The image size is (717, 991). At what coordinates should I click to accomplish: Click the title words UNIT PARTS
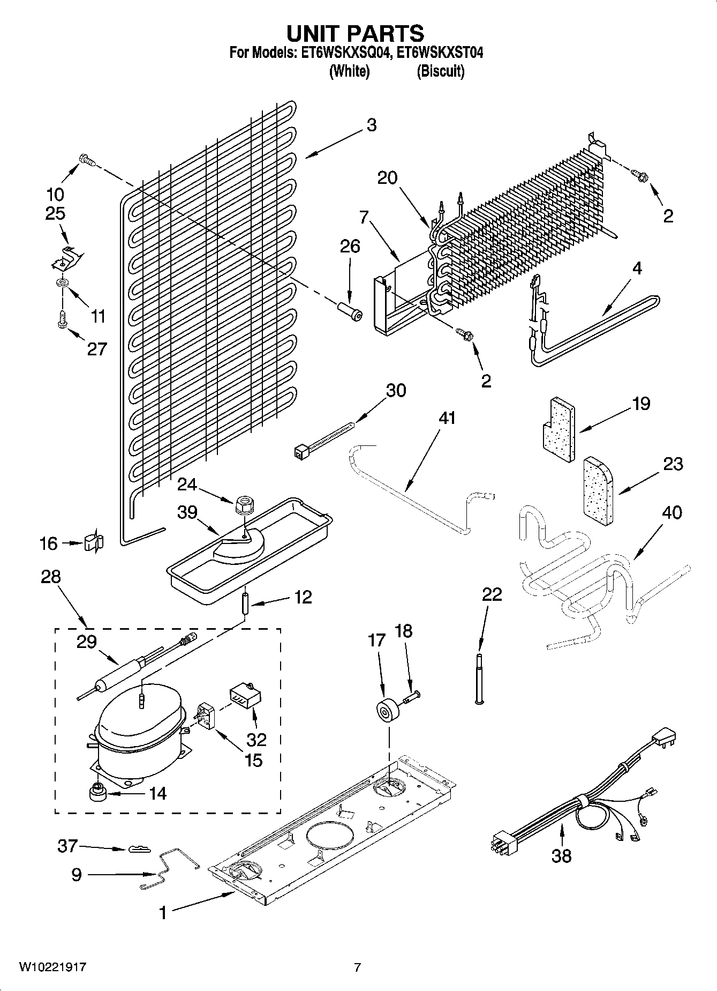356,33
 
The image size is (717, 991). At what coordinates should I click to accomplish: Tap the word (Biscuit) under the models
440,71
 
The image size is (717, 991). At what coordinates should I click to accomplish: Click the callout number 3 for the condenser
371,125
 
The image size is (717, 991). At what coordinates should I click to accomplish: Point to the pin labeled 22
479,677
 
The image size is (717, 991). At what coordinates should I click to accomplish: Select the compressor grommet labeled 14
97,792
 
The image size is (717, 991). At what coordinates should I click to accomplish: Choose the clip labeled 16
94,543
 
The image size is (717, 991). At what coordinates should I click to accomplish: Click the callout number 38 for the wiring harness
561,856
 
